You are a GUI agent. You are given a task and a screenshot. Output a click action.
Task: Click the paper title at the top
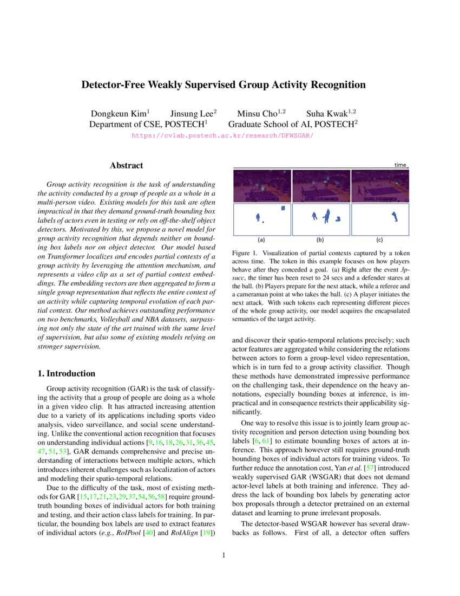click(223, 85)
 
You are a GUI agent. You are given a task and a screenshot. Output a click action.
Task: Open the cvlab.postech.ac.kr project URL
click(223, 135)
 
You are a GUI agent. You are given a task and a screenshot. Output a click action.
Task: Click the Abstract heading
click(126, 165)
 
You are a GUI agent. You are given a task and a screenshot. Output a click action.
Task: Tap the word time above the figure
click(400, 165)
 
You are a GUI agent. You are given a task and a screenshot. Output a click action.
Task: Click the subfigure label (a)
click(261, 239)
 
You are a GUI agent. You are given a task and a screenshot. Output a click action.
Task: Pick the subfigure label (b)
click(320, 239)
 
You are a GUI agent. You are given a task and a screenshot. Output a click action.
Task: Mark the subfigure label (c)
click(379, 239)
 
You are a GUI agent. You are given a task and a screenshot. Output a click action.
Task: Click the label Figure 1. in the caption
click(246, 253)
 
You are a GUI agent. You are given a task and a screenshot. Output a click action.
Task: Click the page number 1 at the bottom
click(223, 555)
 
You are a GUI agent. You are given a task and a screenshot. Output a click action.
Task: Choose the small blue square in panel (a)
click(282, 208)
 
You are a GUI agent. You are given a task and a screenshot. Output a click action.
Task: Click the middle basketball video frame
click(321, 185)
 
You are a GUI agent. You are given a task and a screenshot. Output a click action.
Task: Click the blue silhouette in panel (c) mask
click(393, 217)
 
